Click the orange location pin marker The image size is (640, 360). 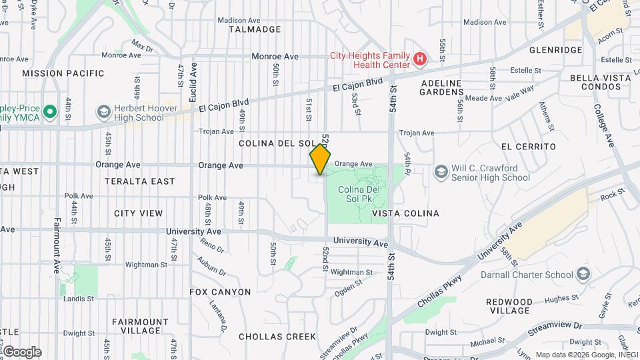pos(320,159)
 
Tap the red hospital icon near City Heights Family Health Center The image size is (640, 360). pos(420,59)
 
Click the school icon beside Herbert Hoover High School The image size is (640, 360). pos(103,111)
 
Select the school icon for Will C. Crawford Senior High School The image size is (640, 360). pos(440,172)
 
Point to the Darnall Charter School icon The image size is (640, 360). pos(583,274)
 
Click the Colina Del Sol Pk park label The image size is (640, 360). pos(359,195)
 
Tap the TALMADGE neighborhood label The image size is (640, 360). pos(255,29)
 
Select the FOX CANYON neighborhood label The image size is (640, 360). pos(220,292)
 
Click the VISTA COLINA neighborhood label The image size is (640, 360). pos(405,213)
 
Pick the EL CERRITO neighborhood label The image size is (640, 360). pos(528,147)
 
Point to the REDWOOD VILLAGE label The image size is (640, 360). pos(509,306)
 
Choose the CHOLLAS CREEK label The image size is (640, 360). pos(277,337)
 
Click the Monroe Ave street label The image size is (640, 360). pos(275,57)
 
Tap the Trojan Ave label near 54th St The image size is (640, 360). pos(417,133)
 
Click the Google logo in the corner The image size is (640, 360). pos(22,352)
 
